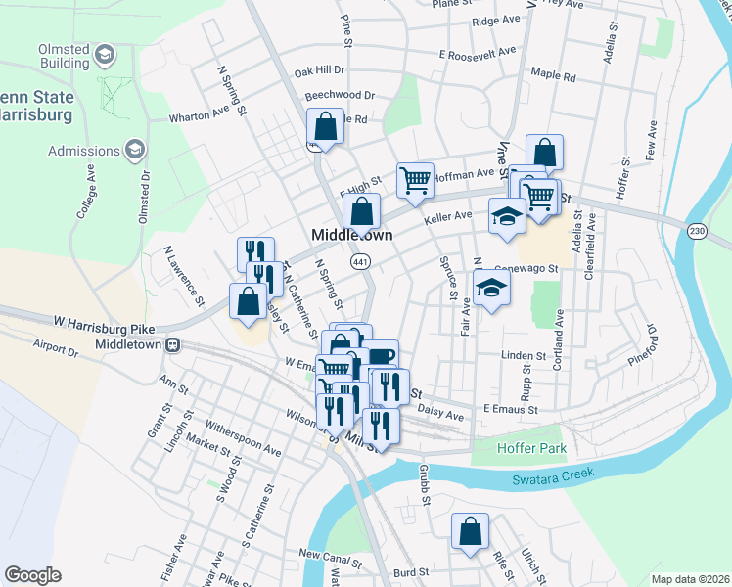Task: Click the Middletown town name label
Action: point(351,236)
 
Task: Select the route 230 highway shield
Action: point(696,230)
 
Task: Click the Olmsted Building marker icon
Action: point(108,55)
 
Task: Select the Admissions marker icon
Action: point(134,150)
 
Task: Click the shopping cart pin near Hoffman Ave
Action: point(415,180)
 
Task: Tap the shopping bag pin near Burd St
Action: point(470,532)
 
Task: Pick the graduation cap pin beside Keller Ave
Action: point(506,216)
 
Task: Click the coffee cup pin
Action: point(381,357)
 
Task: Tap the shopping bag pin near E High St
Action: point(361,210)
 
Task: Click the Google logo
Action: point(32,575)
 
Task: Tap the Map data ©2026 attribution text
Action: point(689,579)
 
